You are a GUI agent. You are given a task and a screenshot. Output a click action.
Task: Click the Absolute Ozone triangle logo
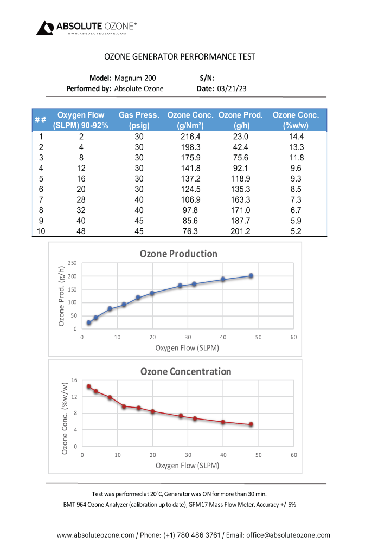[x=45, y=28]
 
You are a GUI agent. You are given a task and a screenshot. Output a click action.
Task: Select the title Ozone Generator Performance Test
[x=180, y=57]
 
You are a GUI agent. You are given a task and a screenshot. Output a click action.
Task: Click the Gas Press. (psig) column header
[x=139, y=120]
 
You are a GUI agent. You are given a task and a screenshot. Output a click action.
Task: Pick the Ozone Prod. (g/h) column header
[x=240, y=120]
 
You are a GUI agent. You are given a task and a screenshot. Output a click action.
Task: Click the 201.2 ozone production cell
[x=240, y=231]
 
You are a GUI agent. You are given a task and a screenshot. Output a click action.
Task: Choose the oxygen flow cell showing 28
[x=81, y=200]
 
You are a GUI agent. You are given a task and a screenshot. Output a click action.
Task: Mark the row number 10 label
[x=41, y=231]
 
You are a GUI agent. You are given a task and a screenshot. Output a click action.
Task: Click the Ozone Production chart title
[x=178, y=254]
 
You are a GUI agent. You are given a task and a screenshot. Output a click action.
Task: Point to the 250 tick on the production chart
[x=72, y=263]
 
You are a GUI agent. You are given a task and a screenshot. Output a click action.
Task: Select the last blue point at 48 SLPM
[x=251, y=276]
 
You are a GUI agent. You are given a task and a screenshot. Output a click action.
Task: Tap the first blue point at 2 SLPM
[x=89, y=323]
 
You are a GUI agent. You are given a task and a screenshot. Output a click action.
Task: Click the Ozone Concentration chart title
[x=185, y=371]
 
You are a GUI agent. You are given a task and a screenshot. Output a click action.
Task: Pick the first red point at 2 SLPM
[x=89, y=386]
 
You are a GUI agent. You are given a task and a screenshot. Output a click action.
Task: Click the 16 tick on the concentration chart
[x=74, y=380]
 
